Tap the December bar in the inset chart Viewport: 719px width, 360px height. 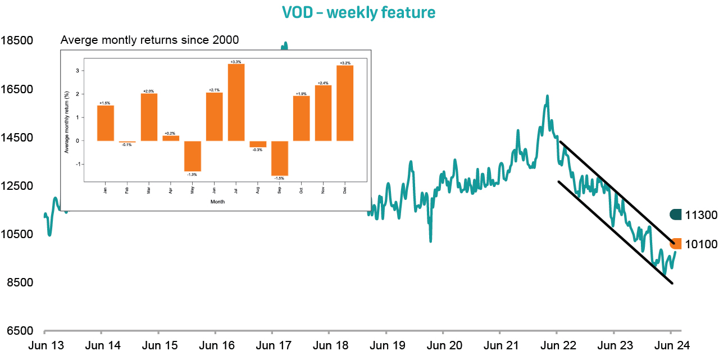click(345, 103)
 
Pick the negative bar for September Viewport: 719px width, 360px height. click(280, 158)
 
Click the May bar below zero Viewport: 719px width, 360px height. click(193, 156)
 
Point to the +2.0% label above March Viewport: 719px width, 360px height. click(149, 90)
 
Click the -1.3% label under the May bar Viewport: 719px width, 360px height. click(193, 175)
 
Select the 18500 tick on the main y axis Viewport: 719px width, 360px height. click(17, 41)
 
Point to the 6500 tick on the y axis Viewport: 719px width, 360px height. click(17, 331)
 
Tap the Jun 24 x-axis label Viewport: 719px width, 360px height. click(672, 345)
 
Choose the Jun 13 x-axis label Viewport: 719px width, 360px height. click(45, 345)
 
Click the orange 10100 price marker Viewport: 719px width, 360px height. click(676, 244)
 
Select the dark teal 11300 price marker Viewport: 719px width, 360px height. click(676, 215)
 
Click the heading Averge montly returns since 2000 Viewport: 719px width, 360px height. click(149, 40)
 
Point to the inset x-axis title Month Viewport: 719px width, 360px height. click(218, 201)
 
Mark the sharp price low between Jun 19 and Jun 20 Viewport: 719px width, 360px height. click(430, 240)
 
